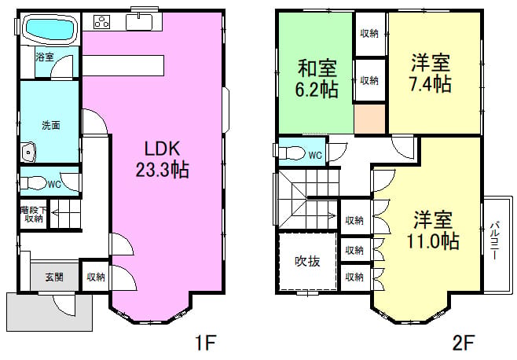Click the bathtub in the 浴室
[x=50, y=29]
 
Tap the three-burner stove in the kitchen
[x=102, y=22]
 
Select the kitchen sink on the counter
[x=139, y=22]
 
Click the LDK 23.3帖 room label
[x=162, y=159]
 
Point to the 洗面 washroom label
[x=51, y=126]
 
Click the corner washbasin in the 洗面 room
[x=29, y=152]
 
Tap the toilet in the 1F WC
[x=33, y=183]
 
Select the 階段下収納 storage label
[x=33, y=214]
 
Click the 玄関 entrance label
[x=54, y=277]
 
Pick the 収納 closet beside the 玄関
[x=96, y=277]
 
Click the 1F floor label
[x=205, y=343]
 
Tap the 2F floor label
[x=464, y=343]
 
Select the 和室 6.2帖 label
[x=317, y=79]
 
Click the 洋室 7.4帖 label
[x=431, y=73]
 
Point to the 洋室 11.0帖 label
[x=433, y=230]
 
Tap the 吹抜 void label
[x=307, y=261]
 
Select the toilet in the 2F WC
[x=291, y=152]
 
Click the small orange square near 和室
[x=370, y=119]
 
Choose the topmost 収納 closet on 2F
[x=369, y=34]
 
